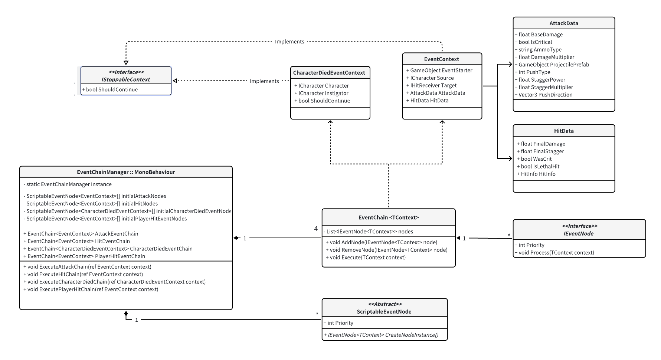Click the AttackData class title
(x=564, y=23)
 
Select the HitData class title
(x=564, y=131)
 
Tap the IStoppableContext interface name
(x=126, y=79)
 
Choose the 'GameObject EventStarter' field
(x=439, y=70)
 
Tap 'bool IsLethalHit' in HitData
(x=538, y=166)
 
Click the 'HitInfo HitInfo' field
(x=536, y=174)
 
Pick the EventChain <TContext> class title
(x=389, y=217)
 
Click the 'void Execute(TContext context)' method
(x=366, y=257)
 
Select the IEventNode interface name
(x=579, y=233)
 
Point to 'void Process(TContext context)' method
(x=554, y=252)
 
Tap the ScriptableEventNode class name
(x=384, y=312)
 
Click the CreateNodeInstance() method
(x=381, y=335)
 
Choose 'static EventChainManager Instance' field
(x=67, y=184)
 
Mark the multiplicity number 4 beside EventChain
(x=316, y=229)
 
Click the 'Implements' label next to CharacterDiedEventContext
(x=264, y=81)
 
